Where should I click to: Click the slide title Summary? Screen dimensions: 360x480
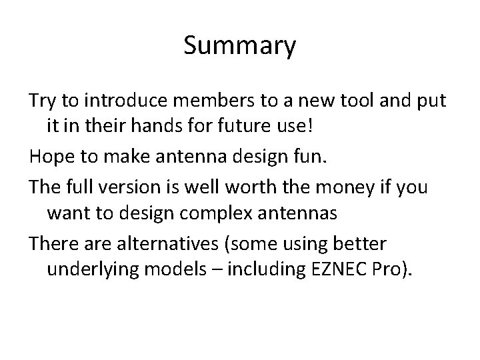click(x=239, y=47)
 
